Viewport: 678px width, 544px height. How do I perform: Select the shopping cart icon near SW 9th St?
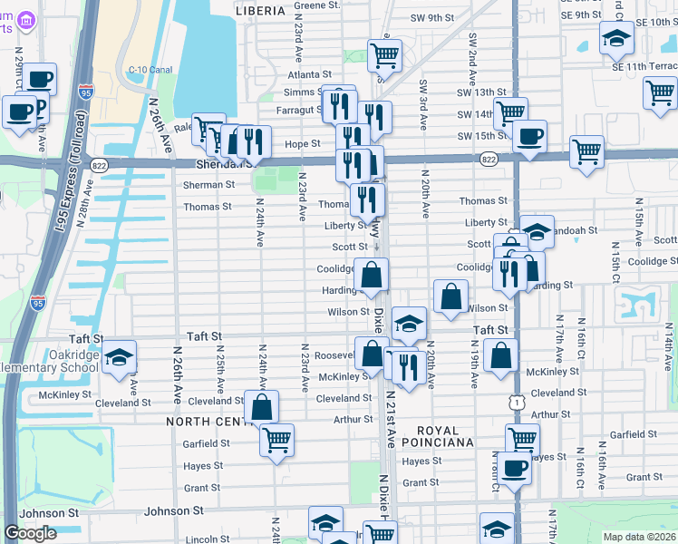tap(385, 54)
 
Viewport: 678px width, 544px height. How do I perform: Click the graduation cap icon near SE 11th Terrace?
tap(616, 38)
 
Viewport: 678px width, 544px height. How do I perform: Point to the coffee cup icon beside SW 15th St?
tap(530, 137)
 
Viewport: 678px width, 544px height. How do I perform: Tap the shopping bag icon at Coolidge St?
tap(372, 274)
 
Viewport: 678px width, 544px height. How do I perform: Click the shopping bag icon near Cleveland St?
tap(262, 406)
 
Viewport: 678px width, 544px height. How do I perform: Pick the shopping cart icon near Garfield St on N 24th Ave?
tap(276, 441)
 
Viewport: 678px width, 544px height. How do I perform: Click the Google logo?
tap(31, 533)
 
